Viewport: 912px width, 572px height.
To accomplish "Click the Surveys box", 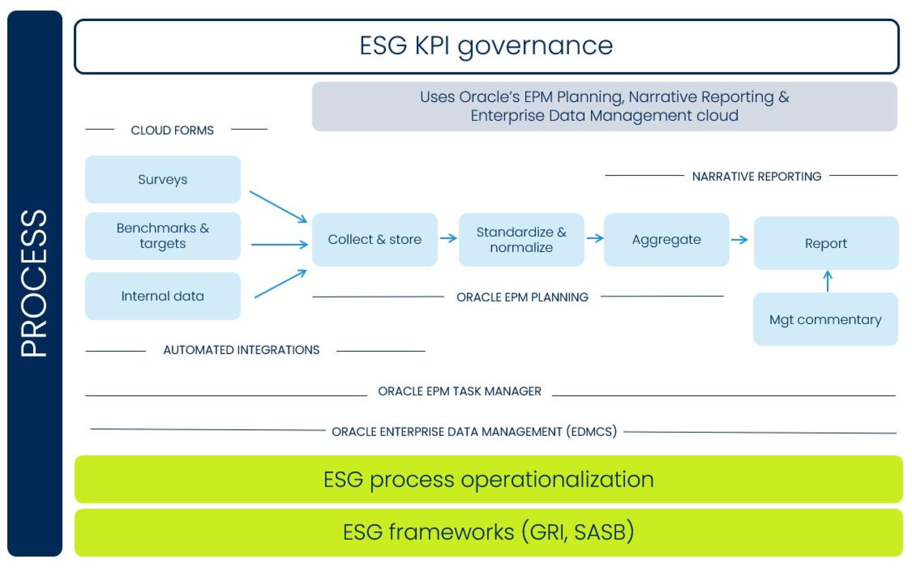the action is [x=163, y=179].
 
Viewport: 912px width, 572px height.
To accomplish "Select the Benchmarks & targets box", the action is [x=163, y=236].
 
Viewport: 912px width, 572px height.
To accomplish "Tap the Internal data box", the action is [x=163, y=296].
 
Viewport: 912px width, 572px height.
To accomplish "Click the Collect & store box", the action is [x=375, y=240].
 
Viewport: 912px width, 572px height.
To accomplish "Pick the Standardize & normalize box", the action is [x=521, y=240].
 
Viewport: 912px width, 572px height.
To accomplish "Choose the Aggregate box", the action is [x=667, y=240].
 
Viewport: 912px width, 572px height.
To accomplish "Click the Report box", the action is [x=826, y=243].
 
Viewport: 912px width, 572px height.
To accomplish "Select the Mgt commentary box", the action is [x=825, y=319].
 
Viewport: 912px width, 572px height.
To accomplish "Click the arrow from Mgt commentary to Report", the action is [x=828, y=281].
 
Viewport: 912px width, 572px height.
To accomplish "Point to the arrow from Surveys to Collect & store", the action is [x=278, y=207].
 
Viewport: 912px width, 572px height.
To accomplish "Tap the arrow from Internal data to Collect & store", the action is [x=280, y=283].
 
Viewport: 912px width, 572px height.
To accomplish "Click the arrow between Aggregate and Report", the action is [x=739, y=240].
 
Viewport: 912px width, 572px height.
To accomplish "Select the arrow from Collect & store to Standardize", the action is [x=448, y=238].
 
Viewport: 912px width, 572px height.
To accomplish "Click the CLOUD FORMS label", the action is [x=172, y=130].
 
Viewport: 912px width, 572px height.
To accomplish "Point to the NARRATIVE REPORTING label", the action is [x=757, y=176].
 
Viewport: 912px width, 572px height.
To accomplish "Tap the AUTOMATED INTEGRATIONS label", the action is [x=241, y=350].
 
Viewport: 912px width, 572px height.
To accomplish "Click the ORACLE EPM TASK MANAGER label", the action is [x=460, y=391].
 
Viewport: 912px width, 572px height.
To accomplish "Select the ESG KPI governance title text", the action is [x=486, y=46].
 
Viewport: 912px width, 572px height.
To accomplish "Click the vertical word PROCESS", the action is [x=34, y=283].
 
